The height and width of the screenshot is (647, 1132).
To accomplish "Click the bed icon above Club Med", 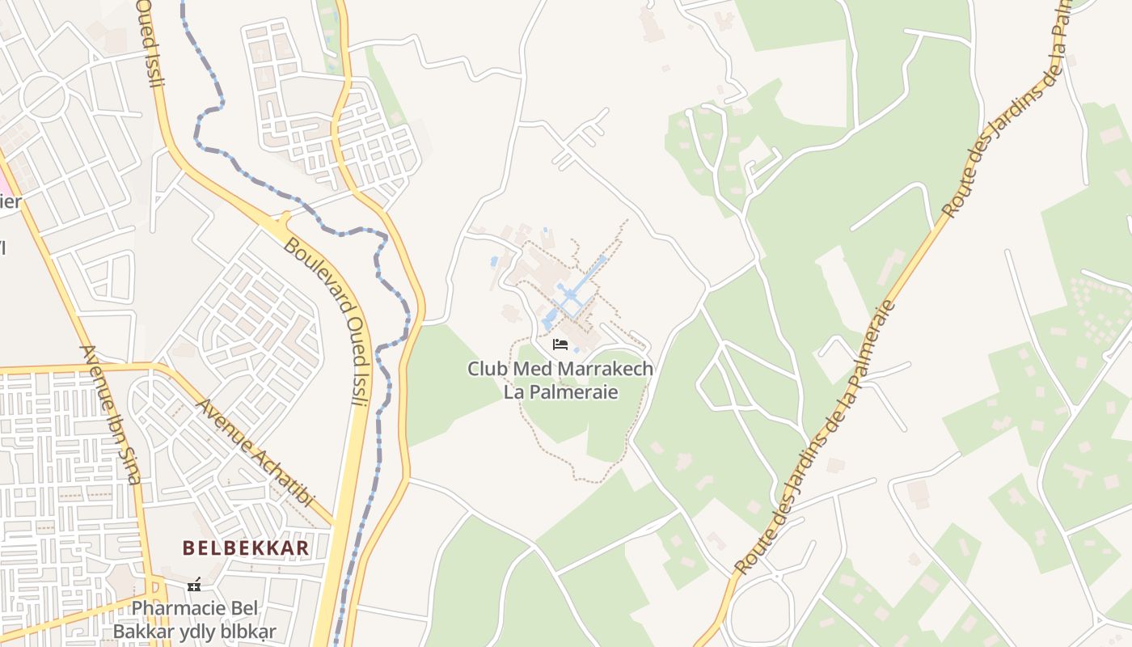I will pyautogui.click(x=560, y=345).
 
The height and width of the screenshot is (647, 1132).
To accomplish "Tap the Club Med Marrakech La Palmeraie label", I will pyautogui.click(x=560, y=381).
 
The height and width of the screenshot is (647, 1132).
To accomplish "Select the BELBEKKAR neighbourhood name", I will pyautogui.click(x=246, y=548).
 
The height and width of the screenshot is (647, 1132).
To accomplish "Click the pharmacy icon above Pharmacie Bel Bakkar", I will pyautogui.click(x=194, y=584).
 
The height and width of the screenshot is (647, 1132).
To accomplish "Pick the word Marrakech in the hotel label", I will pyautogui.click(x=600, y=370).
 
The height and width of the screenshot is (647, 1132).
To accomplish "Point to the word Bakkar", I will pyautogui.click(x=141, y=632).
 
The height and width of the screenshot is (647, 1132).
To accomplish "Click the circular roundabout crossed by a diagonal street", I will pyautogui.click(x=42, y=96).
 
